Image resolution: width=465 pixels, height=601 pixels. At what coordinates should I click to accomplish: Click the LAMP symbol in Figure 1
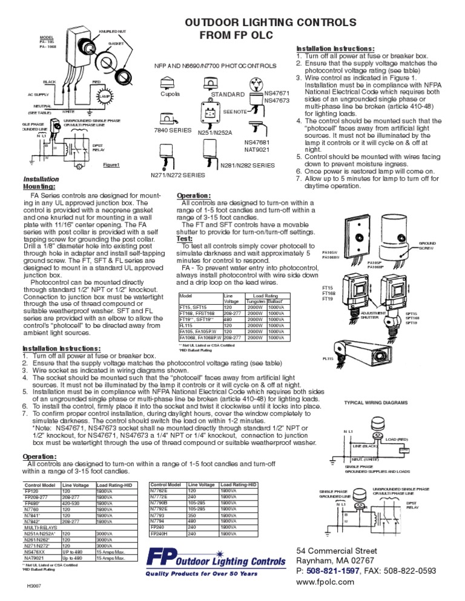click(x=104, y=97)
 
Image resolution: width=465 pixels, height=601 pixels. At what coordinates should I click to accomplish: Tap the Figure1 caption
click(x=111, y=164)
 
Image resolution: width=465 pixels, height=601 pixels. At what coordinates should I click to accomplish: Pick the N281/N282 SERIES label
click(x=248, y=164)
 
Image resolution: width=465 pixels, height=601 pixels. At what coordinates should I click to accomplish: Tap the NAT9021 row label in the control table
click(x=35, y=557)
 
